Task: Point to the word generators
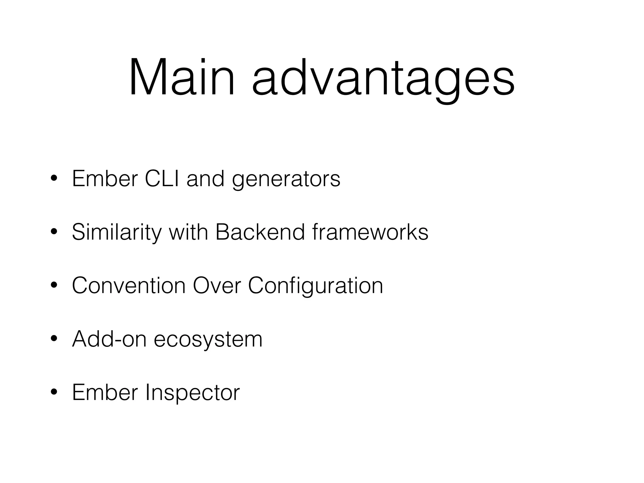pyautogui.click(x=286, y=180)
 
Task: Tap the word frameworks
pyautogui.click(x=370, y=232)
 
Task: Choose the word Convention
pyautogui.click(x=129, y=286)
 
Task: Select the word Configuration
pyautogui.click(x=315, y=286)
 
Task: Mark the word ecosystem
pyautogui.click(x=208, y=340)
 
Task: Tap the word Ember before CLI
pyautogui.click(x=105, y=179)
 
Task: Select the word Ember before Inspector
pyautogui.click(x=105, y=392)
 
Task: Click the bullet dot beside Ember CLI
pyautogui.click(x=54, y=179)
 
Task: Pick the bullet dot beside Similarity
pyautogui.click(x=54, y=232)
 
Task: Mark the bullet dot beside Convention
pyautogui.click(x=54, y=286)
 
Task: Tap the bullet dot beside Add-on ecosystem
pyautogui.click(x=54, y=339)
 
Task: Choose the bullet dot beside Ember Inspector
pyautogui.click(x=54, y=392)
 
